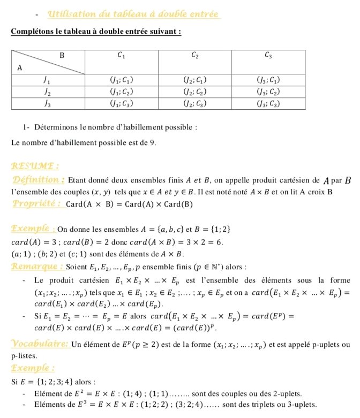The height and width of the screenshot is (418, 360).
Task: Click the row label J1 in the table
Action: tap(47, 80)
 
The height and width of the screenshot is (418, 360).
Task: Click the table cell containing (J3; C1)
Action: tap(268, 80)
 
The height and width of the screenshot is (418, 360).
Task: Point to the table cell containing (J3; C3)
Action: tap(268, 104)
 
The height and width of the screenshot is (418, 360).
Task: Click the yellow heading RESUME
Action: tap(35, 166)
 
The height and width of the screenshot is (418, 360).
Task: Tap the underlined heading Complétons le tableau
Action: tap(96, 31)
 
